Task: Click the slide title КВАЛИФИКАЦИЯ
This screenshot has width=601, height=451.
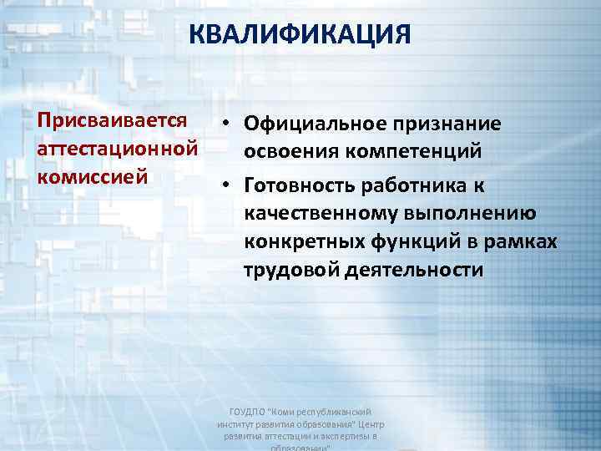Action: (x=300, y=36)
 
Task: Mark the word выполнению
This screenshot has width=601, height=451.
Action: (x=476, y=214)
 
